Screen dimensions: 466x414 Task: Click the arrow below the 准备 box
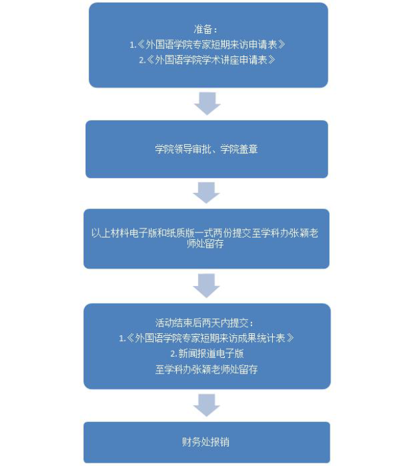(x=207, y=103)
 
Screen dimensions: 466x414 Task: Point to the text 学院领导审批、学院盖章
(x=207, y=150)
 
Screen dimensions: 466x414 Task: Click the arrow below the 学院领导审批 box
(x=207, y=192)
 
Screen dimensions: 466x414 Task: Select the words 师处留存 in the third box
(x=207, y=245)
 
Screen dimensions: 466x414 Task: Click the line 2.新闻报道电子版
(x=207, y=353)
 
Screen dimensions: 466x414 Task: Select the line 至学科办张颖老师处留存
(x=207, y=370)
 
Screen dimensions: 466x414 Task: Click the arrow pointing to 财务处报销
(x=207, y=405)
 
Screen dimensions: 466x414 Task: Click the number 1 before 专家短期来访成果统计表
(x=121, y=338)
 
